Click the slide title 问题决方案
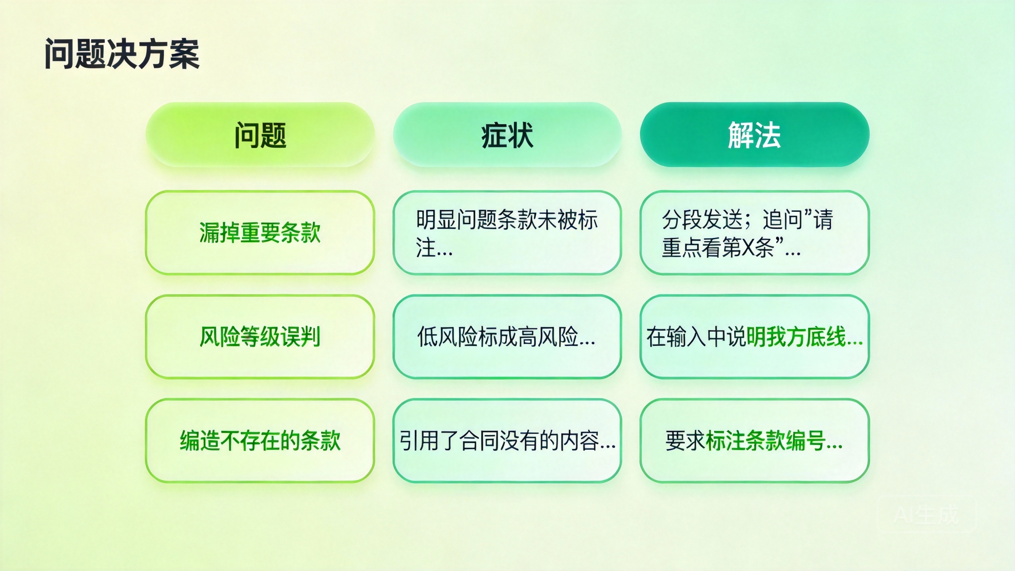coord(122,54)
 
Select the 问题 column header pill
coord(260,135)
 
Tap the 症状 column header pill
coord(507,135)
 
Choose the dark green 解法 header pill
coord(755,135)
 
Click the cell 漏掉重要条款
coord(260,233)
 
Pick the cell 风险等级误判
coord(260,337)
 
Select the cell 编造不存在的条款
coord(260,441)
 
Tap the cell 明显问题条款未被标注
coord(507,233)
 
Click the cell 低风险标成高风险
coord(507,337)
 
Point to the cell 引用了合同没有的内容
coord(507,441)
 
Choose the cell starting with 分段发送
coord(755,233)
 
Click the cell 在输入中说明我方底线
coord(755,337)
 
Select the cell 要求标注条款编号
coord(755,441)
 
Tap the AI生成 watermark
coord(926,515)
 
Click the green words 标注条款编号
coord(765,441)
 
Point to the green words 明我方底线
coord(796,337)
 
